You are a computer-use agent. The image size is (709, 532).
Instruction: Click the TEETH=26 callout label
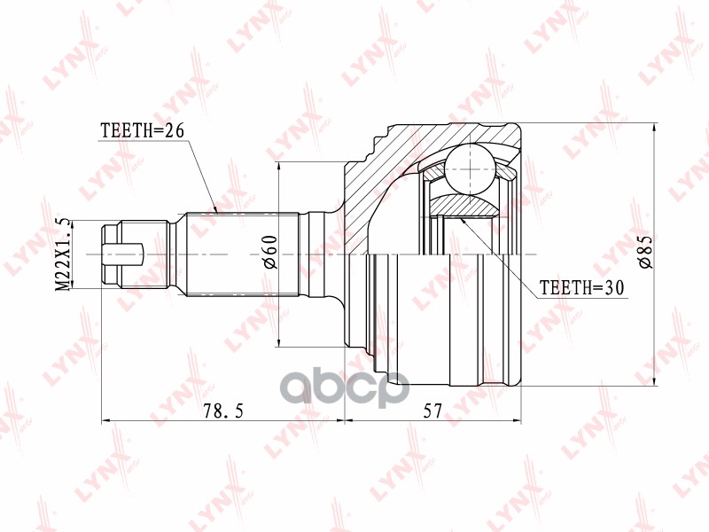tap(143, 130)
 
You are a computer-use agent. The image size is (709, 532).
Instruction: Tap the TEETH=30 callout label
tap(582, 286)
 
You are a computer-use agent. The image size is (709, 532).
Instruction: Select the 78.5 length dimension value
tap(223, 411)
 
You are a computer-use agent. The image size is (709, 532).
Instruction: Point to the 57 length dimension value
tap(432, 411)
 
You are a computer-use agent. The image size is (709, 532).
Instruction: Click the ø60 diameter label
tap(270, 252)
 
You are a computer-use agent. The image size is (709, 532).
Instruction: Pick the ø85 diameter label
tap(644, 252)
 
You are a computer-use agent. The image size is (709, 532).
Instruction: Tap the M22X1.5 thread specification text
tap(63, 254)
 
